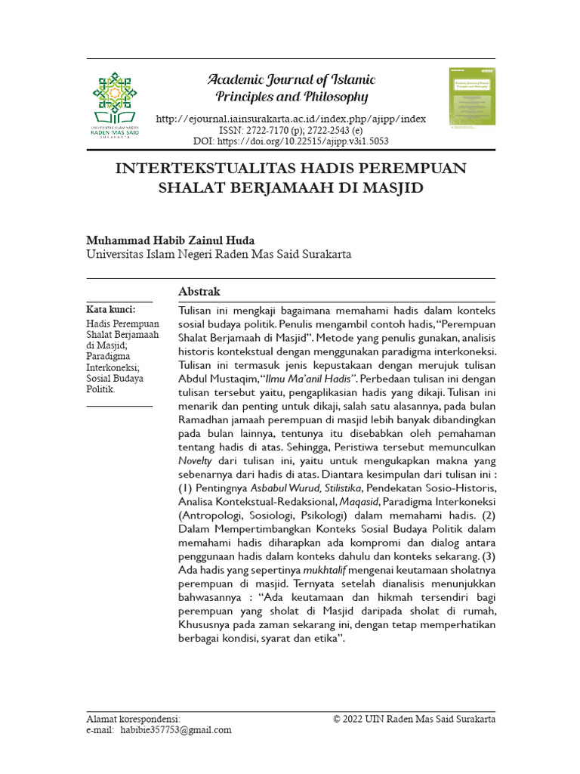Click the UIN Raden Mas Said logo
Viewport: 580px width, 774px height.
115,104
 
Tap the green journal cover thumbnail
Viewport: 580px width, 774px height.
472,96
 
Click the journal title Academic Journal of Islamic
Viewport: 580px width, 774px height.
292,80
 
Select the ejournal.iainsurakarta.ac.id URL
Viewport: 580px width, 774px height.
291,119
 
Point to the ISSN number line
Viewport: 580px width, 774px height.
291,130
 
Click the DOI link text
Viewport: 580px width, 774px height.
291,141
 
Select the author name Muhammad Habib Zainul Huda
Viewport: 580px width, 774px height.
170,240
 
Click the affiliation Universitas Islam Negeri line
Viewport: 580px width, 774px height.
218,255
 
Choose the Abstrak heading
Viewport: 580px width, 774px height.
199,291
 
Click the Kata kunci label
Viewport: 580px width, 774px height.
111,310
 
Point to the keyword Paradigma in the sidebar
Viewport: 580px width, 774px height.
109,356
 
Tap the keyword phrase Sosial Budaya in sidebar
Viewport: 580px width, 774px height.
115,378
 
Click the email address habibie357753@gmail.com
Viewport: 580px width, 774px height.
176,730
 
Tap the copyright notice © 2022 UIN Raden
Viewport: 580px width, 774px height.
414,719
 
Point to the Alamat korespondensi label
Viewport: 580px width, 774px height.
134,719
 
